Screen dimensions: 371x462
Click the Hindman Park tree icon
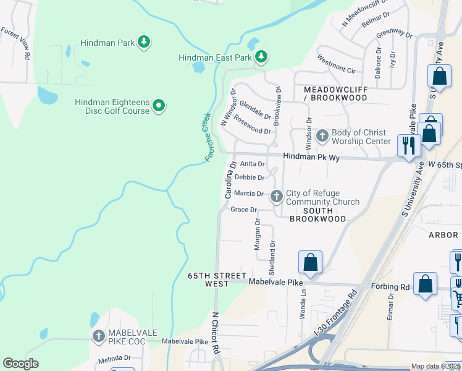pos(144,42)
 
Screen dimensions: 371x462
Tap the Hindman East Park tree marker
pos(262,57)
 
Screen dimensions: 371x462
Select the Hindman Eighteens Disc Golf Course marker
pos(159,106)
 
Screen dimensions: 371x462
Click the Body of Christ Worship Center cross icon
pos(322,135)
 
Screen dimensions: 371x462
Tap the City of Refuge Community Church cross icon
pos(277,197)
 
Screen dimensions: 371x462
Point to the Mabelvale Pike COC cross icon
pos(98,336)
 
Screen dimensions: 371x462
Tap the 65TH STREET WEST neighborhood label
pos(209,279)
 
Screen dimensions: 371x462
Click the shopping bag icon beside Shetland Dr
pos(310,262)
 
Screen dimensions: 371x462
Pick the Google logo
pos(20,364)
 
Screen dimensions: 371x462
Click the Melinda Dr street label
pos(114,357)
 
